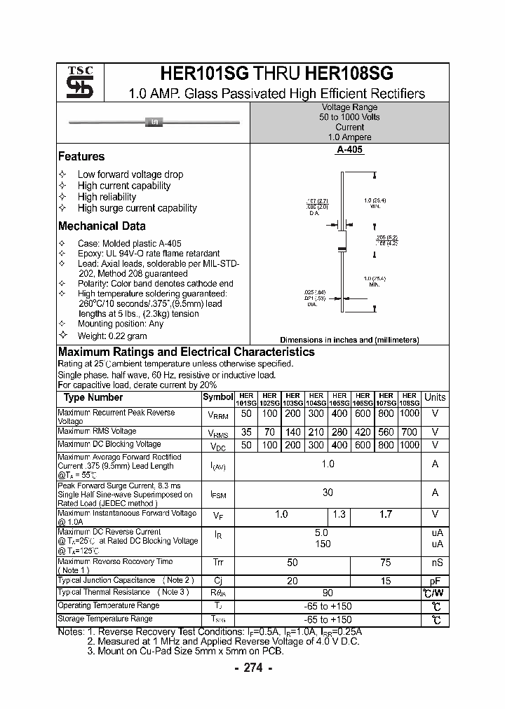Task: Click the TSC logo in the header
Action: click(x=75, y=82)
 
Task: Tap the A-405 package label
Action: click(x=349, y=150)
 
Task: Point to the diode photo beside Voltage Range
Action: click(x=154, y=123)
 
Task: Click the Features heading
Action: click(x=81, y=156)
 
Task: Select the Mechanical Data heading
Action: click(x=102, y=226)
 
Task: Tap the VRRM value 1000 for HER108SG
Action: click(x=410, y=414)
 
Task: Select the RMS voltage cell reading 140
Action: click(x=293, y=432)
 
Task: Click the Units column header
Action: click(x=435, y=397)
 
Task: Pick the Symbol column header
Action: click(x=217, y=397)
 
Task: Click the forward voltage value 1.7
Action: click(x=386, y=515)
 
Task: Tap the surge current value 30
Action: click(x=328, y=493)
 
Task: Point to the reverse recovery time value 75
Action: click(x=386, y=563)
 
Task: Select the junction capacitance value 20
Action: click(x=292, y=581)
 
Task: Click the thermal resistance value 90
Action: click(x=328, y=593)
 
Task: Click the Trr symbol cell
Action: click(x=217, y=563)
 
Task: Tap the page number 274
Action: click(x=252, y=668)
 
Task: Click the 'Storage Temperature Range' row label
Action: click(x=105, y=619)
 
